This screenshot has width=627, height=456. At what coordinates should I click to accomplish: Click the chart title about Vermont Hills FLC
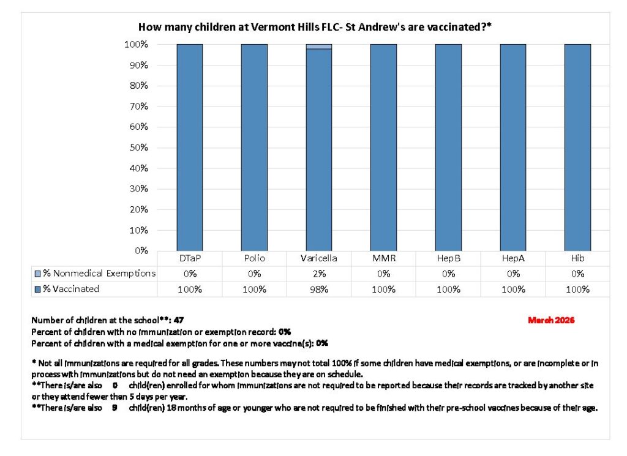point(315,27)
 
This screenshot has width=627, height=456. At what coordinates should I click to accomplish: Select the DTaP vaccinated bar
point(189,147)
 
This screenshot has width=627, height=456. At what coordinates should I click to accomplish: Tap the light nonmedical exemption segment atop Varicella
point(319,47)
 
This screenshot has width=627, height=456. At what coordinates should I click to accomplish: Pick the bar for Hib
point(577,147)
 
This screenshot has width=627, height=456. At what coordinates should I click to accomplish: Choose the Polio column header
point(254,259)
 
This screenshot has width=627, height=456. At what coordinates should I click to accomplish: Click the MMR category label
point(383,259)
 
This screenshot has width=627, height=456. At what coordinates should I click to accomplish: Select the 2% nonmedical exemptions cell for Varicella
point(319,274)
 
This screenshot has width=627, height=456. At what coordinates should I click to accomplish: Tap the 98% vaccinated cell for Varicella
point(319,289)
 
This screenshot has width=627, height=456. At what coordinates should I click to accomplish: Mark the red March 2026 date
point(551,320)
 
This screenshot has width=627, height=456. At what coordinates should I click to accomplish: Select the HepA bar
point(512,147)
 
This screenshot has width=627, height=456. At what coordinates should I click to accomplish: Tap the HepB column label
point(448,259)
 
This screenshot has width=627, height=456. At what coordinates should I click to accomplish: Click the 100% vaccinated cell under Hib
point(577,289)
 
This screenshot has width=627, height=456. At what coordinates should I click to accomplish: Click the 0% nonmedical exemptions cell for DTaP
point(189,274)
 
